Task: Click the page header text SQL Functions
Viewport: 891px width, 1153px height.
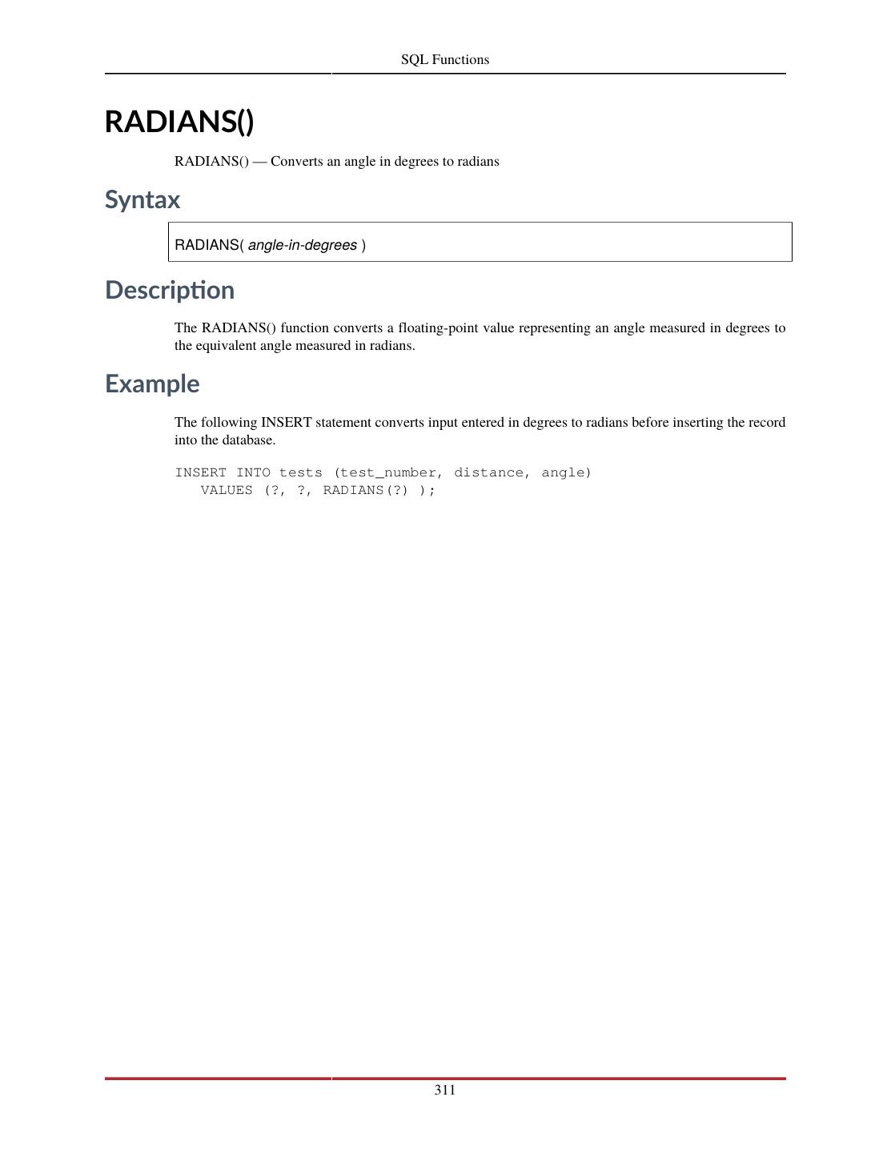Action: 445,59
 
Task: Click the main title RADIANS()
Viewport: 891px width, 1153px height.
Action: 179,122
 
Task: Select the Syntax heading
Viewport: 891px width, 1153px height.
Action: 142,199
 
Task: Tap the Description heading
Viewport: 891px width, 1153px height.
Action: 170,290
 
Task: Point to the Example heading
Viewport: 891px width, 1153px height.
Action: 152,384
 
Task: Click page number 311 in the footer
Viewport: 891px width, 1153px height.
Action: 445,1090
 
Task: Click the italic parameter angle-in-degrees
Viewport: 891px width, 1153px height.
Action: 303,245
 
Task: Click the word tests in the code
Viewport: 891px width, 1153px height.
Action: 301,472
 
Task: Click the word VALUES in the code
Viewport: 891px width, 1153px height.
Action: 227,490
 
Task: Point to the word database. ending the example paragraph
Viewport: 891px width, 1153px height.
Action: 249,440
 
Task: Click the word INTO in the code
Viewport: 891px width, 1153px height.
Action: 253,472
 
